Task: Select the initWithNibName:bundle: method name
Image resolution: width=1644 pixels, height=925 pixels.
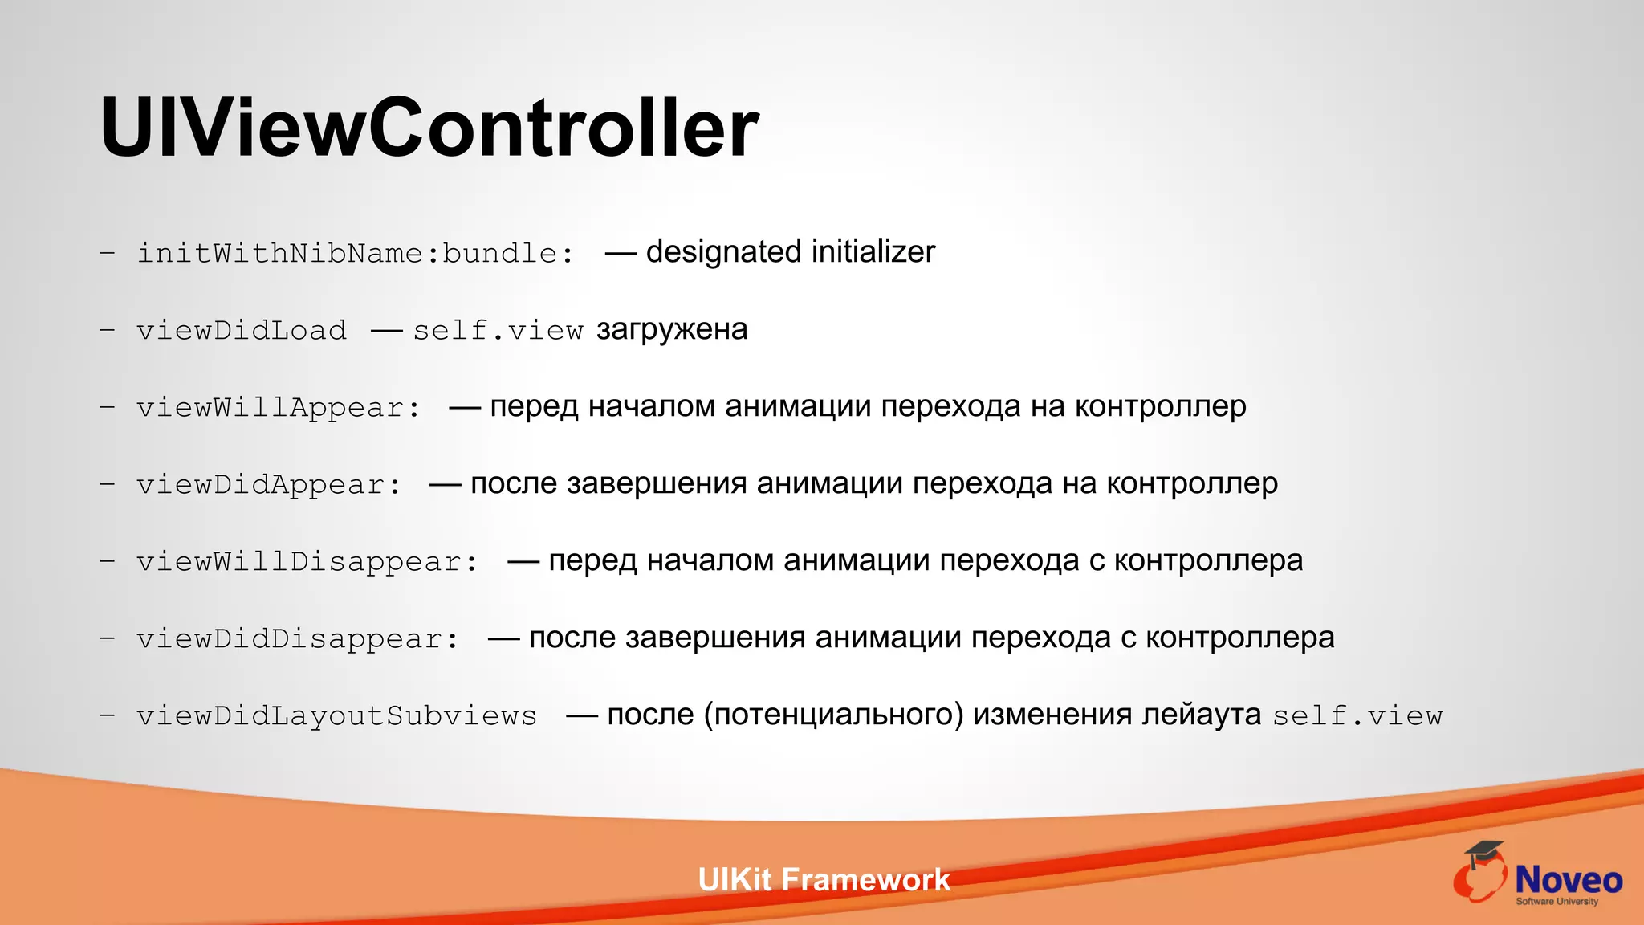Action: tap(356, 254)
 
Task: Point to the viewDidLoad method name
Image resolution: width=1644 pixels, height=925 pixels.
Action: tap(242, 331)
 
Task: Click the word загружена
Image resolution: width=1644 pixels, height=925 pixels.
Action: tap(672, 330)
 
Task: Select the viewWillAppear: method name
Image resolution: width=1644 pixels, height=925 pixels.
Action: tap(279, 408)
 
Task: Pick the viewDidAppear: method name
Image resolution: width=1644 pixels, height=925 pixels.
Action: tap(269, 485)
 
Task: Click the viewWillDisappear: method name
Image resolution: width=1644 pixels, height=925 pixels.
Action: tap(307, 562)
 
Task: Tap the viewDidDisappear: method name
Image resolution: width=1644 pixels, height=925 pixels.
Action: tap(298, 639)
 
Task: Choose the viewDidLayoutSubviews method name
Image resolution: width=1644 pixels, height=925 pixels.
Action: tap(336, 716)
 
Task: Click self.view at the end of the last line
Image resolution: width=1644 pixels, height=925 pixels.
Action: tap(1357, 716)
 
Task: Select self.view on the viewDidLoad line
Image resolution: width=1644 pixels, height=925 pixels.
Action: tap(498, 331)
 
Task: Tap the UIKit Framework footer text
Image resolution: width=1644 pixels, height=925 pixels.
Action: tap(824, 880)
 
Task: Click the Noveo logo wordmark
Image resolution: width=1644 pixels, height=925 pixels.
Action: tap(1568, 881)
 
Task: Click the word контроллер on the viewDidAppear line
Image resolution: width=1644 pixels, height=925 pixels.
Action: tap(1192, 484)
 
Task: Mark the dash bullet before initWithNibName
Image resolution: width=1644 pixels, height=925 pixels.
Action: tap(107, 254)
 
